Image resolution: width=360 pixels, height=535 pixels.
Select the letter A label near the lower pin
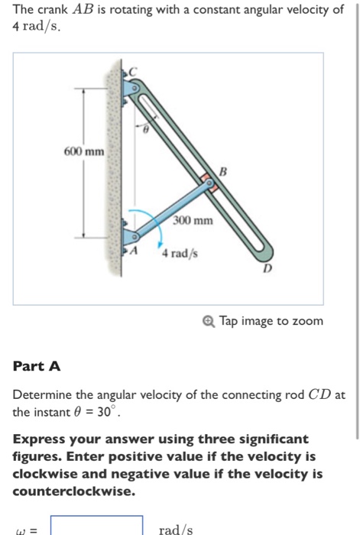(135, 250)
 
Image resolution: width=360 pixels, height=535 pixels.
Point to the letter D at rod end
(267, 269)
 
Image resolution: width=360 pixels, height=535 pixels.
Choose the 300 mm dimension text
(192, 221)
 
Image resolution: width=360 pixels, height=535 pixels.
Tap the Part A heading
(36, 366)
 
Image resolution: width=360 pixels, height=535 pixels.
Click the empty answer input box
(97, 527)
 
